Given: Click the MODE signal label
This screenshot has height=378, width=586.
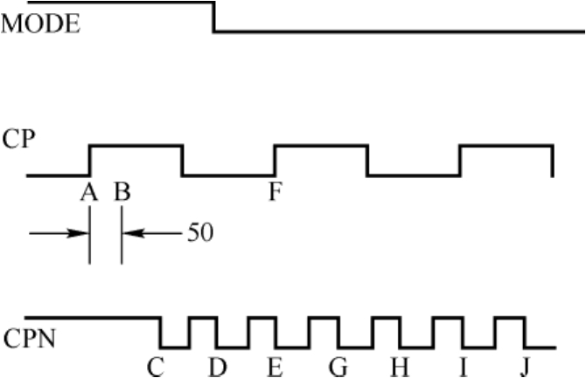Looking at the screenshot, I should click(x=41, y=24).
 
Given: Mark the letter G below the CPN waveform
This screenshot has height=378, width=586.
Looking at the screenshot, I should click(x=338, y=366).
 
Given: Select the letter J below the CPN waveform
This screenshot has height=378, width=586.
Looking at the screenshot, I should click(x=524, y=366).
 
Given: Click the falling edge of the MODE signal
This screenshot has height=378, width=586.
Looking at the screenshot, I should click(x=214, y=17).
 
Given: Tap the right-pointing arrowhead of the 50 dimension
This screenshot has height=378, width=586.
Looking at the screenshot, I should click(x=84, y=234).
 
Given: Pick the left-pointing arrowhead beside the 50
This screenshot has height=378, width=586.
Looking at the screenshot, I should click(x=128, y=234).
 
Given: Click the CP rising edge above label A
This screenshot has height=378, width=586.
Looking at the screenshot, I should click(x=90, y=161).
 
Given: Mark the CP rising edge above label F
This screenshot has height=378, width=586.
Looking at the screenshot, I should click(x=275, y=161).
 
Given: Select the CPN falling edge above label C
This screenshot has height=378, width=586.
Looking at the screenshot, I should click(x=160, y=332).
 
